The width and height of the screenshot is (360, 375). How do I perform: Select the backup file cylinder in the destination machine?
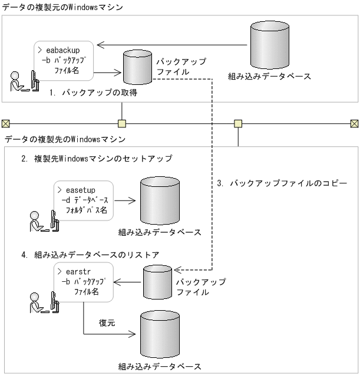[x=160, y=281]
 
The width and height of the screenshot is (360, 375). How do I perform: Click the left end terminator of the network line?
[x=6, y=123]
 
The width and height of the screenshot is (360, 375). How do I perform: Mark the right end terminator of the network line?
[x=354, y=123]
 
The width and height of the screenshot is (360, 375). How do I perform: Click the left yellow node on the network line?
[x=122, y=123]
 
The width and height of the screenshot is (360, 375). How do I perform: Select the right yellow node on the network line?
[x=238, y=123]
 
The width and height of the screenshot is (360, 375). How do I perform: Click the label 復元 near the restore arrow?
[x=107, y=323]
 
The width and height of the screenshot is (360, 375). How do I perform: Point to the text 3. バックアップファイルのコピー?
[x=282, y=183]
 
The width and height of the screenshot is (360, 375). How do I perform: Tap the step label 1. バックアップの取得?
[x=92, y=93]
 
